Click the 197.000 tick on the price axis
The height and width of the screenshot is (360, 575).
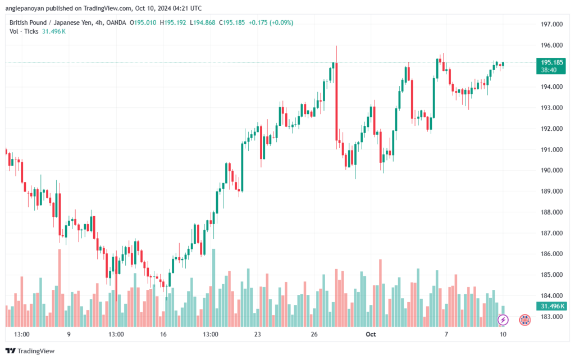(x=551, y=24)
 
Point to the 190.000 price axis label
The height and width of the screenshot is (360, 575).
(x=551, y=170)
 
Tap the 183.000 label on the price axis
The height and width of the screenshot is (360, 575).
(x=551, y=316)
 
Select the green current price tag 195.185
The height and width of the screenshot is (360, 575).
(x=549, y=62)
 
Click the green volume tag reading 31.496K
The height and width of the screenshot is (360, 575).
(x=550, y=306)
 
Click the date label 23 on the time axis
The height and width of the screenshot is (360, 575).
(x=258, y=334)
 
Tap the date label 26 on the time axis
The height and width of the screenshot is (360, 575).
(x=314, y=334)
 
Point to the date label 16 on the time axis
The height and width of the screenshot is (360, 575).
(x=163, y=334)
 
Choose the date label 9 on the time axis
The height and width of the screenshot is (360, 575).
(x=69, y=334)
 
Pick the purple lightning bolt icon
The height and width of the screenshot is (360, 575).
(x=503, y=320)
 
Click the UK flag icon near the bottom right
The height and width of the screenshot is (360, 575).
(x=525, y=320)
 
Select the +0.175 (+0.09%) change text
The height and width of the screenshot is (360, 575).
(x=271, y=22)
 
